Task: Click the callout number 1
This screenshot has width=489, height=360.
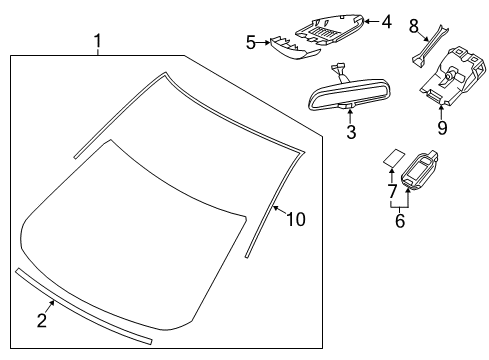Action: [x=97, y=41]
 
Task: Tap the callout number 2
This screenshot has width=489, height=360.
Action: [x=42, y=320]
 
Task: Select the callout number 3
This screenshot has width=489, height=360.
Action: [x=351, y=132]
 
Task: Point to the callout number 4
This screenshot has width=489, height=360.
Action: [x=387, y=22]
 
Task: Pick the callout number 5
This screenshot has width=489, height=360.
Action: [x=251, y=43]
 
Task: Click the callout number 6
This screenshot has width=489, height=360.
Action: [x=400, y=221]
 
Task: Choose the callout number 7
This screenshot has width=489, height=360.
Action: [x=392, y=191]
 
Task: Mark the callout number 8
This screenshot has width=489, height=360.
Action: [x=414, y=26]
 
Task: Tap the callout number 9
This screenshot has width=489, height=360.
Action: [x=442, y=128]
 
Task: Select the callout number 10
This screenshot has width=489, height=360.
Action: [x=296, y=219]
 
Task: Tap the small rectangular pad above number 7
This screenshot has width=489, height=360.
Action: [x=394, y=158]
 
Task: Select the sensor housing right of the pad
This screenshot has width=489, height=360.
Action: [x=420, y=170]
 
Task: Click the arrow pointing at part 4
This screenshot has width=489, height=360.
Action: [x=372, y=21]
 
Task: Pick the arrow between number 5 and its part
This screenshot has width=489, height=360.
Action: [x=264, y=42]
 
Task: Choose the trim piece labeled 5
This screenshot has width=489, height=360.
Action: [x=294, y=48]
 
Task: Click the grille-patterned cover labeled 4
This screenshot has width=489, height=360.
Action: [x=329, y=30]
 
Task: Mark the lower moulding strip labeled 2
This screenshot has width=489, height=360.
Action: [x=83, y=306]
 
